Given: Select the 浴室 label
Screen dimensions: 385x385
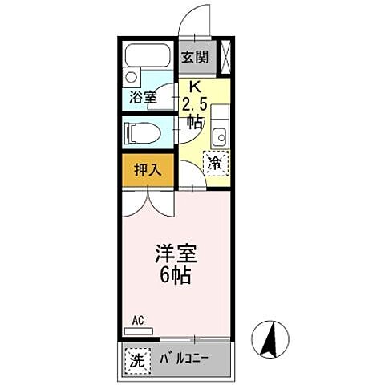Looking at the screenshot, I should tap(142, 100).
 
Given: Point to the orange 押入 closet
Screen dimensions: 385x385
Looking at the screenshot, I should tap(147, 170).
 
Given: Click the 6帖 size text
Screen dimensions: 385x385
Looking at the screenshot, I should tap(176, 278).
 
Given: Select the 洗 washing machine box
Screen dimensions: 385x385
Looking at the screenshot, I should tap(137, 360).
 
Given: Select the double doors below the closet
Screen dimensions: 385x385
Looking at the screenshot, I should tap(147, 202).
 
